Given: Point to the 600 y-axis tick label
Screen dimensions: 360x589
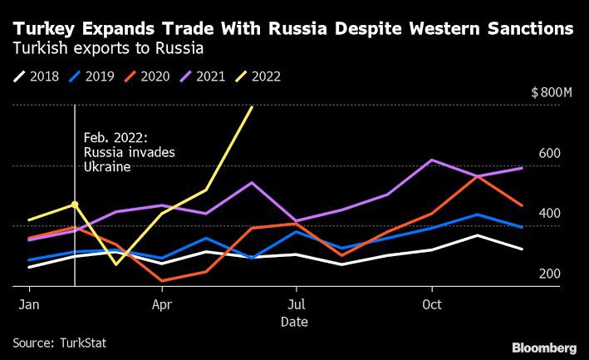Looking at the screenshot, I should point(551,154).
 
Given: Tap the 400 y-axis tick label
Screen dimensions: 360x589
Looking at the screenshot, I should point(551,214).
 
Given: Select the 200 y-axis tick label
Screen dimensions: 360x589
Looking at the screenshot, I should point(551,274).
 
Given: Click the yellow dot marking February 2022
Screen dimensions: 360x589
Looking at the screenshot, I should point(75,204).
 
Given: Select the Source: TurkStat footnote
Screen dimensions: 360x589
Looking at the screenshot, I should point(59,342).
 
